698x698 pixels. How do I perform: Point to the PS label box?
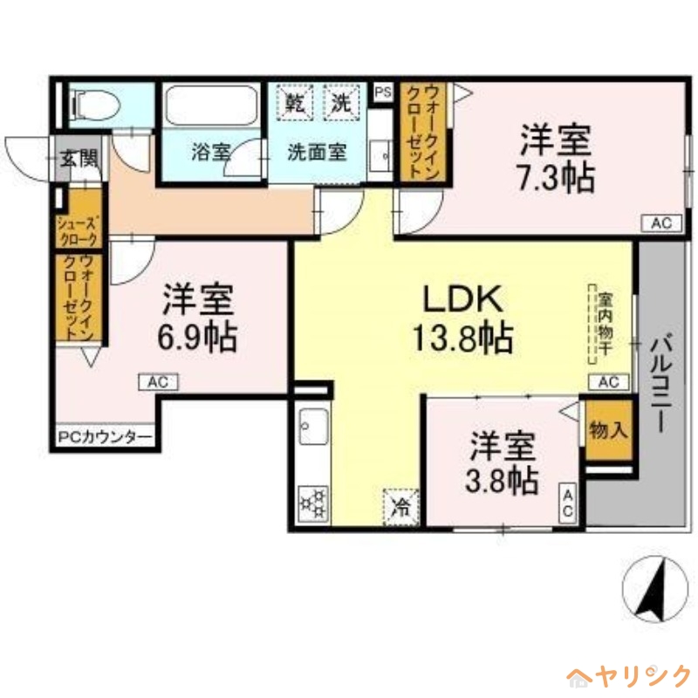point(382,92)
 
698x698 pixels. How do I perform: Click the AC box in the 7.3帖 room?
point(660,223)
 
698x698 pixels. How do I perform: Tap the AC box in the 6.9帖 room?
point(158,381)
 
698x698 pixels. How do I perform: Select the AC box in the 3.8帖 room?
point(567,503)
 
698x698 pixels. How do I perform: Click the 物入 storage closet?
point(607,429)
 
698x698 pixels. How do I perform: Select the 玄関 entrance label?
point(79,160)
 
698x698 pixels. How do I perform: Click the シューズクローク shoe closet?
point(79,229)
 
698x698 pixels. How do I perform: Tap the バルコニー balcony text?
point(660,384)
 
